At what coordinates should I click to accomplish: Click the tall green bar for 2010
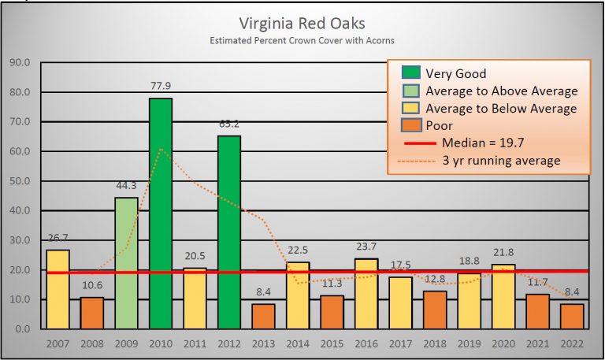160,213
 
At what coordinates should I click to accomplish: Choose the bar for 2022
573,316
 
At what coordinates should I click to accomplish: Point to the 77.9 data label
160,87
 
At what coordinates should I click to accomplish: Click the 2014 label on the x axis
298,345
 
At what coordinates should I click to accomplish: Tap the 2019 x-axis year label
470,345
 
